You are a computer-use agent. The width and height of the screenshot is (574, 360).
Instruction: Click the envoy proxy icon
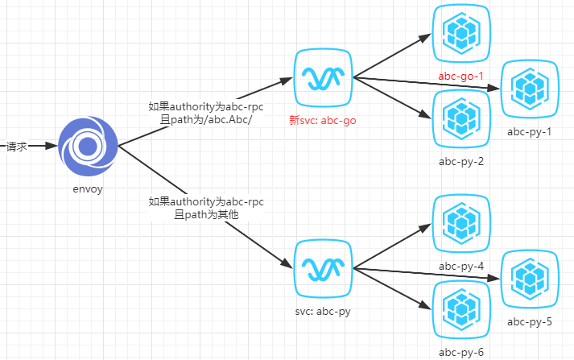click(x=88, y=147)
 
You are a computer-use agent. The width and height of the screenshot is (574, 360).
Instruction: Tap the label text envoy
click(x=88, y=189)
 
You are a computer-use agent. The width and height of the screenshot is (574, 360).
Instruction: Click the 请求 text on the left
click(x=18, y=147)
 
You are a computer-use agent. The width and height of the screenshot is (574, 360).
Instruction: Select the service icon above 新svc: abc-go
click(x=323, y=77)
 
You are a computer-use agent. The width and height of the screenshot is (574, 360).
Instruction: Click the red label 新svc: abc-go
click(x=322, y=121)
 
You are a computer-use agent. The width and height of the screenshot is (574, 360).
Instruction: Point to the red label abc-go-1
click(x=460, y=77)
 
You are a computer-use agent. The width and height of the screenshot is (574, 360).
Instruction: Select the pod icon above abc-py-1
click(x=530, y=88)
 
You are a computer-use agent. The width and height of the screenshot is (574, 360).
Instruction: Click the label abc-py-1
click(x=529, y=131)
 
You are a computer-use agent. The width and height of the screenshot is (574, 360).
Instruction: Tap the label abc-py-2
click(x=460, y=161)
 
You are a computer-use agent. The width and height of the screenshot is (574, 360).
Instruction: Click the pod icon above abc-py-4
click(x=461, y=222)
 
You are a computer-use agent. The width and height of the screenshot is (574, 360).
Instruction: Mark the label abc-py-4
click(x=460, y=266)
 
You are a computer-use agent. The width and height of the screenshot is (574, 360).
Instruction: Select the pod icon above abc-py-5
click(x=530, y=279)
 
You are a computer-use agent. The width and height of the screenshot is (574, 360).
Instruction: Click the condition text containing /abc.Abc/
click(x=206, y=119)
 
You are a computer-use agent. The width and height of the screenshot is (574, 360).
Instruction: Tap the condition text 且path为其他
click(x=206, y=215)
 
